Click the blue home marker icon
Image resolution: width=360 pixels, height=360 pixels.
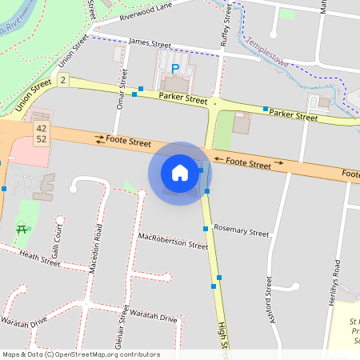(x=179, y=173)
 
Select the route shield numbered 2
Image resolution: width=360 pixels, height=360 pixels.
(x=62, y=81)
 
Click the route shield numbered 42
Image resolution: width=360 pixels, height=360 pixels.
(x=41, y=128)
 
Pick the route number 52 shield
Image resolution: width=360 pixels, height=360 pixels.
(x=41, y=139)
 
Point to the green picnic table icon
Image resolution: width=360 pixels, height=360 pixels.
(x=21, y=229)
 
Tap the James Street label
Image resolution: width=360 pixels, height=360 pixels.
(x=150, y=43)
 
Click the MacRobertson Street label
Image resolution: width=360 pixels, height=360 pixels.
(x=173, y=241)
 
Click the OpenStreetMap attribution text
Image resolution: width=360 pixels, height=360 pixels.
(x=80, y=354)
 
